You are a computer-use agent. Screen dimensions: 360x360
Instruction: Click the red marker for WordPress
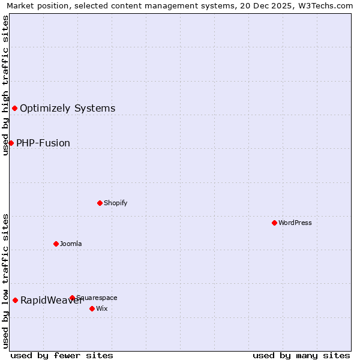(274, 223)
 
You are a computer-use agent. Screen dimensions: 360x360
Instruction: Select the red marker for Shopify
(100, 203)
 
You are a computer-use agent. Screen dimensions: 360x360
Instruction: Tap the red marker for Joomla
(56, 244)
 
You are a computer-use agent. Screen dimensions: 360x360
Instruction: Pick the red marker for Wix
(92, 308)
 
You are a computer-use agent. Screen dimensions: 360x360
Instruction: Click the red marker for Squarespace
(72, 298)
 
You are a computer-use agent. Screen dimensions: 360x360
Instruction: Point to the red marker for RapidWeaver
(15, 300)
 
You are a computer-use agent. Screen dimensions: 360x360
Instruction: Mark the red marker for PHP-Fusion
(11, 143)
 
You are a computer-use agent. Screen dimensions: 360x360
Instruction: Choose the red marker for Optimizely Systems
(14, 108)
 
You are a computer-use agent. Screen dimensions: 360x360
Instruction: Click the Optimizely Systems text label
(67, 109)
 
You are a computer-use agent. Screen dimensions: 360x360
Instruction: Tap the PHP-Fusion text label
(43, 143)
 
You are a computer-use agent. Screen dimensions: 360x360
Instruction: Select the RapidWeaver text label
(50, 301)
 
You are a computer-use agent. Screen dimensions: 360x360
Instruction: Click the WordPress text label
(295, 223)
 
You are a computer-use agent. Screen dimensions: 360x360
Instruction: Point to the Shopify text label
(115, 203)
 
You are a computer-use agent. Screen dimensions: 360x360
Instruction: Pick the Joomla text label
(71, 244)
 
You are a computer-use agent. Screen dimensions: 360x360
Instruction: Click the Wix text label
(101, 308)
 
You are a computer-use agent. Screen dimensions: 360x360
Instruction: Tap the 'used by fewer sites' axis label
(62, 355)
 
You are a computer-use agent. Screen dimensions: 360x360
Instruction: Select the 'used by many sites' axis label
(301, 355)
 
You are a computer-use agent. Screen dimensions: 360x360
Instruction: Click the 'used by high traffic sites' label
(5, 86)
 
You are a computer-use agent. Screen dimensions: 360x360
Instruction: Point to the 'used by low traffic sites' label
(5, 281)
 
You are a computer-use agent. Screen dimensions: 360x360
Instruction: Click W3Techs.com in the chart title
(324, 5)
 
